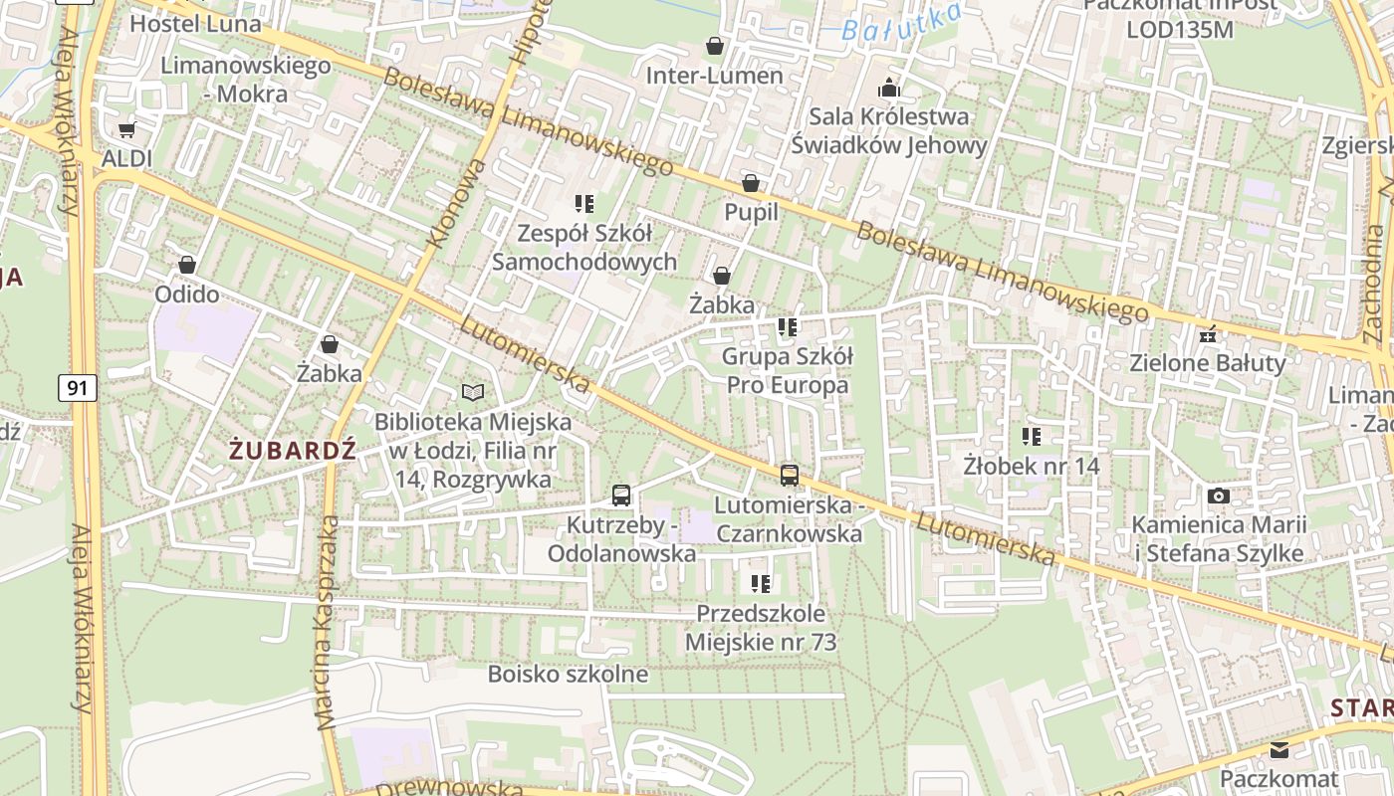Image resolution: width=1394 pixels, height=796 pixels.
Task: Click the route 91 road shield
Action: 78,387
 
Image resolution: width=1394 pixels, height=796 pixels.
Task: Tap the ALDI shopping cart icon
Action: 126,129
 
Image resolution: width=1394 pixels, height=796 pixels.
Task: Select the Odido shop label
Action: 186,295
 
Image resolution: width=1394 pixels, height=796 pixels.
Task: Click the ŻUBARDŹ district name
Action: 292,450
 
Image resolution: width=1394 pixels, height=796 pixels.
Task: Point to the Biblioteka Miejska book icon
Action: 473,393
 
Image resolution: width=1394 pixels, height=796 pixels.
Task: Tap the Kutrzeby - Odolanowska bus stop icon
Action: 621,495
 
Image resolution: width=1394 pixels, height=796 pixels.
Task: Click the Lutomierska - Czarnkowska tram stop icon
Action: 790,475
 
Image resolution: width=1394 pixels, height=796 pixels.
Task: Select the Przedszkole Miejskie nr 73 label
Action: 761,628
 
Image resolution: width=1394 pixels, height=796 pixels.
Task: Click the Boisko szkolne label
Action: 568,674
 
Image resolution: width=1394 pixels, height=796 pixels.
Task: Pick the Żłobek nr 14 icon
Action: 1032,436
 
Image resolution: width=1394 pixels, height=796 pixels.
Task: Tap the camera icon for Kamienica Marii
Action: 1218,496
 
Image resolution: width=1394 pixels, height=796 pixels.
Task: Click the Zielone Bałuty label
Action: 1208,363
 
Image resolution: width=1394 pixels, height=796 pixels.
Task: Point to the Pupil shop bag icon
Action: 751,183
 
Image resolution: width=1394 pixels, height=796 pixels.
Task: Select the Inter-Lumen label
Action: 714,76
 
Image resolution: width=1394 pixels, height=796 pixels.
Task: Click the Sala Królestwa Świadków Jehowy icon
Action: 889,89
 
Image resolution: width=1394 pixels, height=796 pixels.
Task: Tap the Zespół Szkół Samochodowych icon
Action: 584,204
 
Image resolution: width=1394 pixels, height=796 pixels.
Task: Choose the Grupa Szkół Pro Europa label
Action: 787,370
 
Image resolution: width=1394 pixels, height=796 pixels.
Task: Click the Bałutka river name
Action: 901,22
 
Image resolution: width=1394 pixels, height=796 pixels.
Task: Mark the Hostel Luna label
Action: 195,24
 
